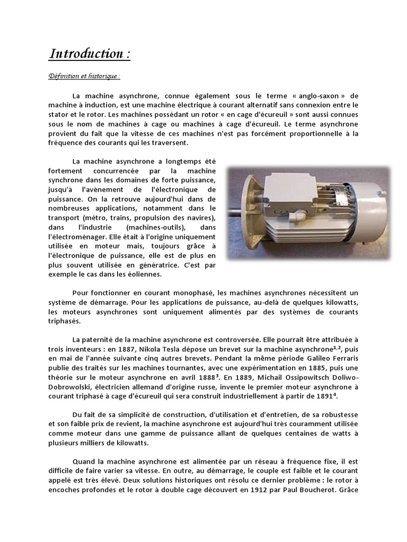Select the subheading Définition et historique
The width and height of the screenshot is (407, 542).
(x=83, y=76)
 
